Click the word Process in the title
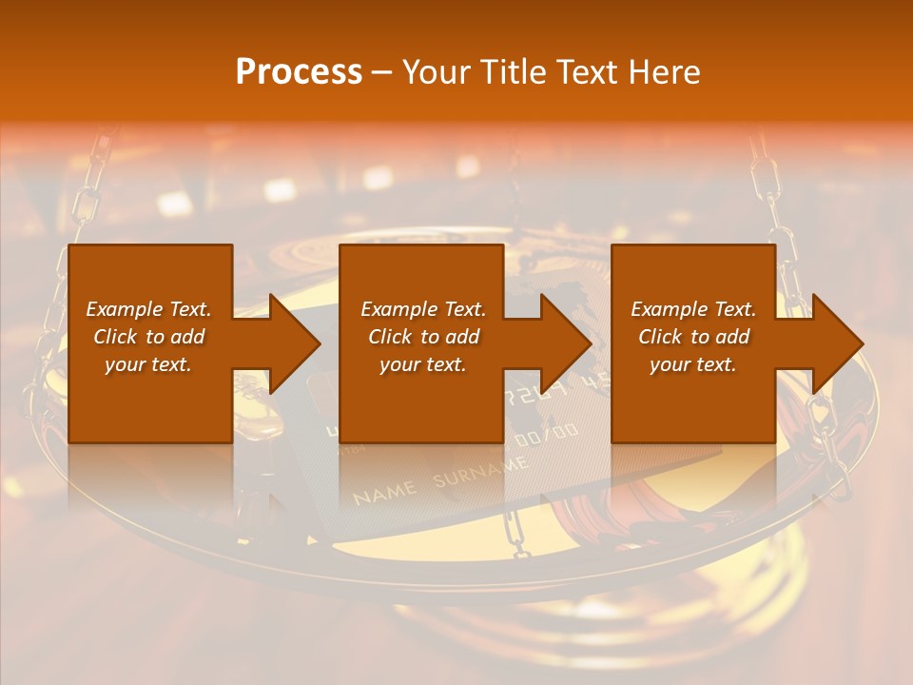click(299, 72)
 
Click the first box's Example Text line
click(148, 309)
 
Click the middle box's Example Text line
click(423, 309)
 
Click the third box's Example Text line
click(693, 309)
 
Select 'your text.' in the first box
click(148, 364)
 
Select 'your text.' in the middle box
click(423, 364)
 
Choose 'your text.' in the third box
click(693, 364)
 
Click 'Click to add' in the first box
click(148, 337)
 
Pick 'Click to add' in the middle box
click(423, 337)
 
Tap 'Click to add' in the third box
click(693, 337)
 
